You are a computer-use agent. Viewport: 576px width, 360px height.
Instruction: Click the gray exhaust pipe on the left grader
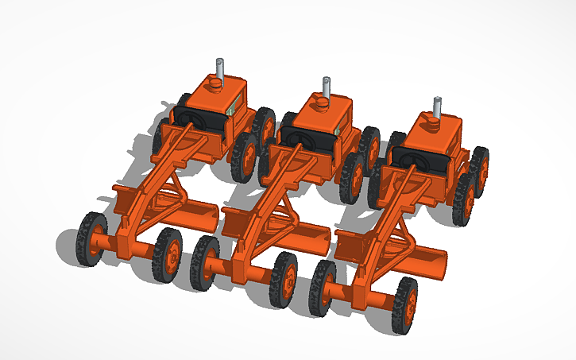[x=219, y=70]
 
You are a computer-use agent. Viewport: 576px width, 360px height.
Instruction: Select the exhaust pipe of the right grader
[x=437, y=107]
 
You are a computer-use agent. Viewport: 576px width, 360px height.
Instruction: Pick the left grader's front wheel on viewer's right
[x=168, y=254]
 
